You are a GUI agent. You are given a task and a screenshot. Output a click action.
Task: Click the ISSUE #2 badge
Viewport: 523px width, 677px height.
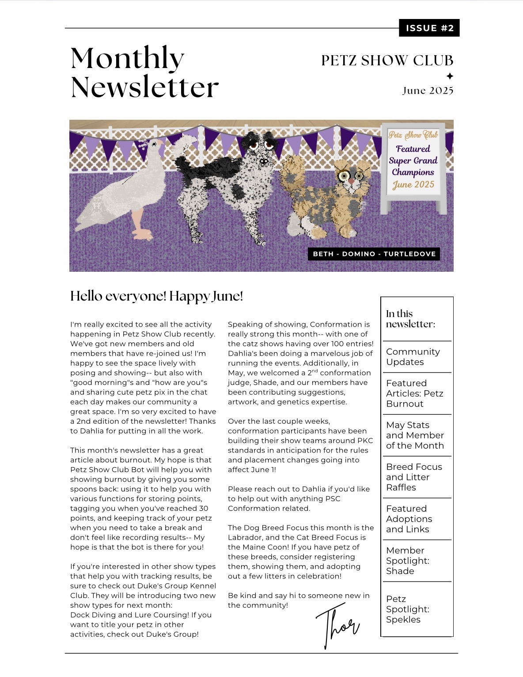pos(429,28)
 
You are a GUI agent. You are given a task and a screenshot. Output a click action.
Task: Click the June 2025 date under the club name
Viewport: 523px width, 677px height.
pos(428,91)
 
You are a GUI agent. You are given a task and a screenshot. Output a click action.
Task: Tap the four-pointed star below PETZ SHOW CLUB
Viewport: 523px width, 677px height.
pos(450,76)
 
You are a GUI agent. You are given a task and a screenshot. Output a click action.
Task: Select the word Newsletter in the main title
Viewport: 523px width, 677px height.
pos(144,87)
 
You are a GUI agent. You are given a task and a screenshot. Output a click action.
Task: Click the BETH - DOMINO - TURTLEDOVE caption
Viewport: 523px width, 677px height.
pos(374,254)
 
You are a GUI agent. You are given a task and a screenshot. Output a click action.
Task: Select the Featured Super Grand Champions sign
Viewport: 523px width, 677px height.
pos(413,161)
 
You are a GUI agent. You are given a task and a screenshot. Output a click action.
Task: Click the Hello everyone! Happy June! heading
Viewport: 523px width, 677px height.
pos(156,296)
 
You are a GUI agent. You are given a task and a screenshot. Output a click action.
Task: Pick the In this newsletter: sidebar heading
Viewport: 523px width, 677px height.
pos(410,319)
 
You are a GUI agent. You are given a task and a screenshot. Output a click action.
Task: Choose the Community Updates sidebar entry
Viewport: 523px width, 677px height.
pos(413,357)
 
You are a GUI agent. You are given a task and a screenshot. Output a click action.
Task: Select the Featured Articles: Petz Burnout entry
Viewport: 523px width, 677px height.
pos(414,393)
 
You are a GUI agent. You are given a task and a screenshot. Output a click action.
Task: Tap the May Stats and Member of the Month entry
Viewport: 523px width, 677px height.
pos(415,435)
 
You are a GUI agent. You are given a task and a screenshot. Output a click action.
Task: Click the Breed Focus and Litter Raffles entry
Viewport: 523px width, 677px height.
pos(414,477)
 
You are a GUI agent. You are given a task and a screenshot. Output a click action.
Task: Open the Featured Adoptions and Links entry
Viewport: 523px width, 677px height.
pos(409,519)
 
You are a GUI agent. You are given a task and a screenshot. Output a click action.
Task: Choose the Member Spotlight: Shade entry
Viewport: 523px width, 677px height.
pos(407,561)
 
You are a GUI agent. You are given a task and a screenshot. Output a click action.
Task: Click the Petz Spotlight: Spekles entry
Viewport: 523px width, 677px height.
pos(407,609)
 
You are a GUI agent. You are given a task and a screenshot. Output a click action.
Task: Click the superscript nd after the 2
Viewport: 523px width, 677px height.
pos(315,371)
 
